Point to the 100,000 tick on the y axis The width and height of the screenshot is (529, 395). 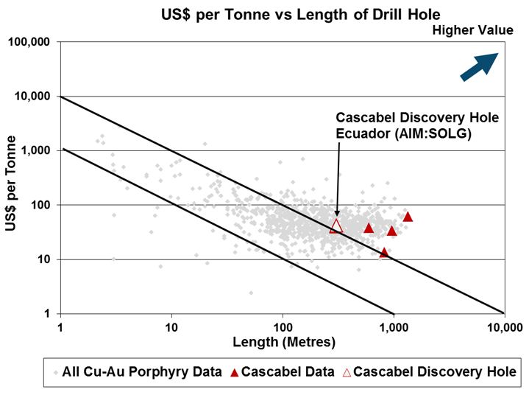click(30, 42)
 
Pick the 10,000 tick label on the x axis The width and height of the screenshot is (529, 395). click(504, 325)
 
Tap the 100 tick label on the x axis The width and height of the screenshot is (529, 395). click(283, 325)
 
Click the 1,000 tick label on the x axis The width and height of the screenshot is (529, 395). click(394, 325)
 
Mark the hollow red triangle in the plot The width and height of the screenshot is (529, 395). click(336, 226)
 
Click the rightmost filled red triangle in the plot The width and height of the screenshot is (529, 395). click(408, 217)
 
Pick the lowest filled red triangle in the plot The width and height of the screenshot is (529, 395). click(383, 253)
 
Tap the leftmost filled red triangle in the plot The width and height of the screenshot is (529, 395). click(369, 228)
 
